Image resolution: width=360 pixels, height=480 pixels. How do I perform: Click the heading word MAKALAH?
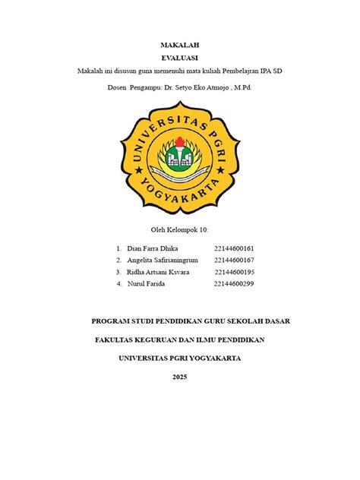click(x=179, y=46)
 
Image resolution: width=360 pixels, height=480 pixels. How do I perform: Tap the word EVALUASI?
click(x=179, y=58)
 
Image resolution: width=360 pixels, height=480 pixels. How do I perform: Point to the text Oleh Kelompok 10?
click(x=180, y=229)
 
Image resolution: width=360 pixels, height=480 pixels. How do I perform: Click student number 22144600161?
click(x=234, y=248)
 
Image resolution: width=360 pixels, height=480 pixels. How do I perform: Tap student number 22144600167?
click(x=234, y=261)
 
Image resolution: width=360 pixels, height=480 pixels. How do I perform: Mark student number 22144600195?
click(x=234, y=272)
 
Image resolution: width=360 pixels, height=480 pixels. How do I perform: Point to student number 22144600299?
click(x=234, y=284)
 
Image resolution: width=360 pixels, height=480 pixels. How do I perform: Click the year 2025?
click(x=179, y=377)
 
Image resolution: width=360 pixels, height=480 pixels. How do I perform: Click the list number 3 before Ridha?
click(x=119, y=272)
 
